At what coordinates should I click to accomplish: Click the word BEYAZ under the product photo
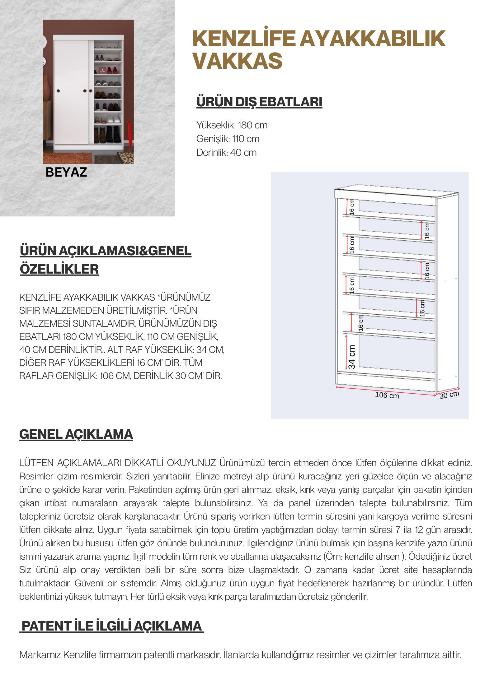point(66,172)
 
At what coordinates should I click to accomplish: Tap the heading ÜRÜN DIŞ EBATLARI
point(259,102)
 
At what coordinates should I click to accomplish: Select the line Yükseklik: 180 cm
point(232,125)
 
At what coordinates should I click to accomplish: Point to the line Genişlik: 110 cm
point(228,139)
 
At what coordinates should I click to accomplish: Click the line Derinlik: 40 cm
point(226,153)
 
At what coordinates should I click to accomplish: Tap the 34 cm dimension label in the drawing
point(352,357)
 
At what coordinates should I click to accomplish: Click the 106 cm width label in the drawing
point(387,395)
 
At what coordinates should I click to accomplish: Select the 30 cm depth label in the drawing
point(449,395)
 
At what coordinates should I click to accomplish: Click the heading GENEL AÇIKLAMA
point(76,434)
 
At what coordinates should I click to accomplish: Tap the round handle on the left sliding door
point(58,91)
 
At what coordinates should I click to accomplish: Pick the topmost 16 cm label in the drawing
point(352,207)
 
